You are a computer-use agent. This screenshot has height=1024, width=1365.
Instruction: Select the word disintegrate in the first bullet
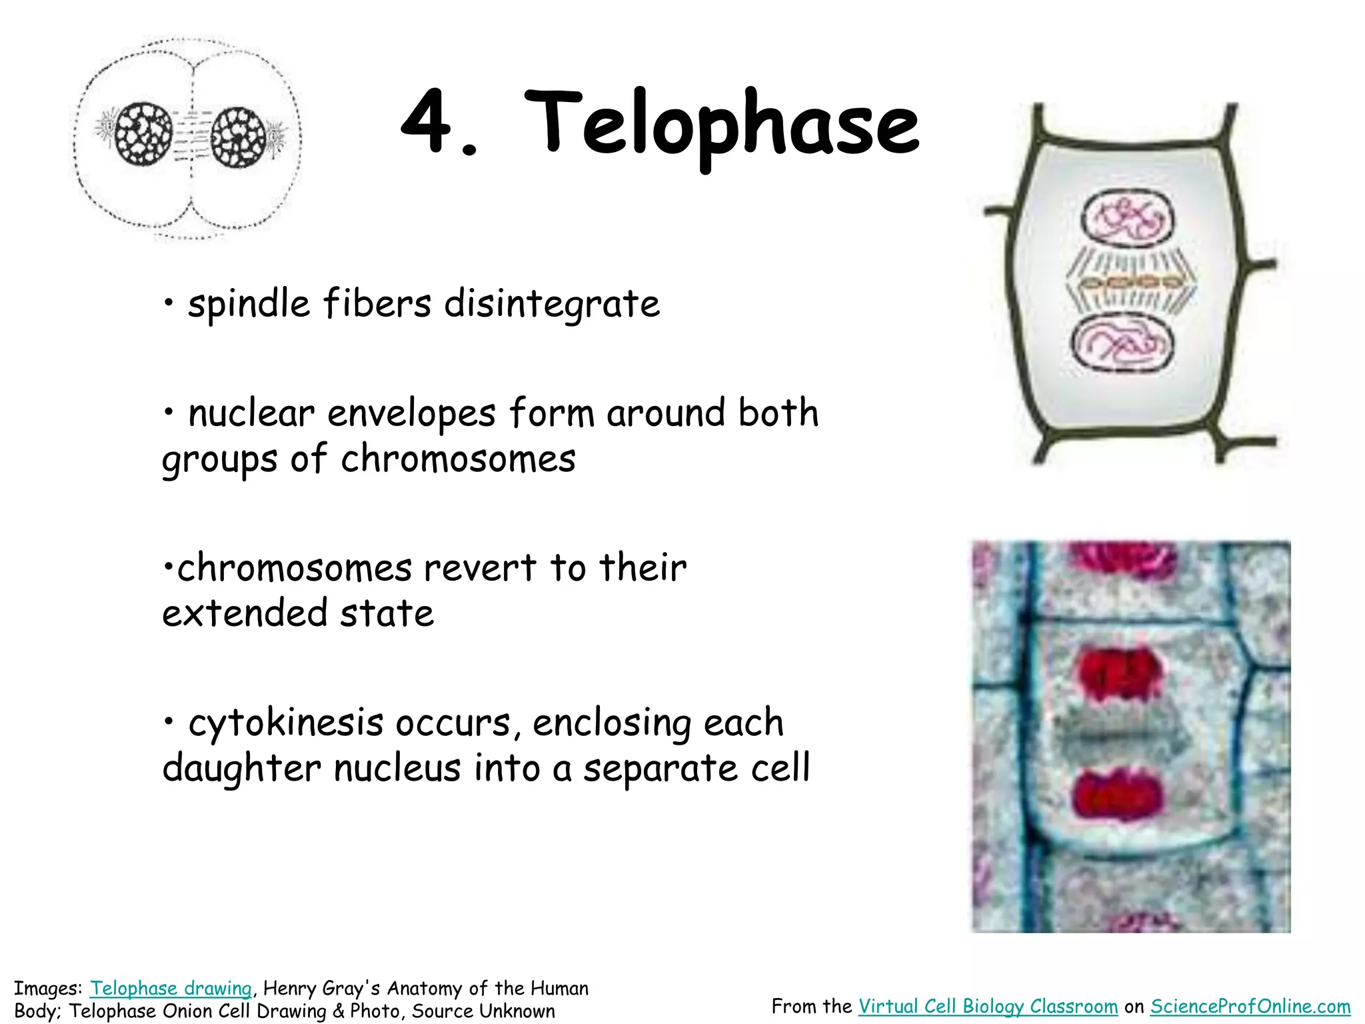click(x=552, y=305)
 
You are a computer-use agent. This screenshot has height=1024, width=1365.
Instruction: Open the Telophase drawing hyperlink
click(x=171, y=988)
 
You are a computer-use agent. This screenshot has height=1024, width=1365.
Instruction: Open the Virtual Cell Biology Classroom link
click(x=988, y=1006)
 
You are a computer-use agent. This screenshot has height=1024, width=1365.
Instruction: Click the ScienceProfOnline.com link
click(x=1250, y=1006)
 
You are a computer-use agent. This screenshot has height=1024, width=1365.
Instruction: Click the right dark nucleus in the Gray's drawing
click(x=238, y=137)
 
